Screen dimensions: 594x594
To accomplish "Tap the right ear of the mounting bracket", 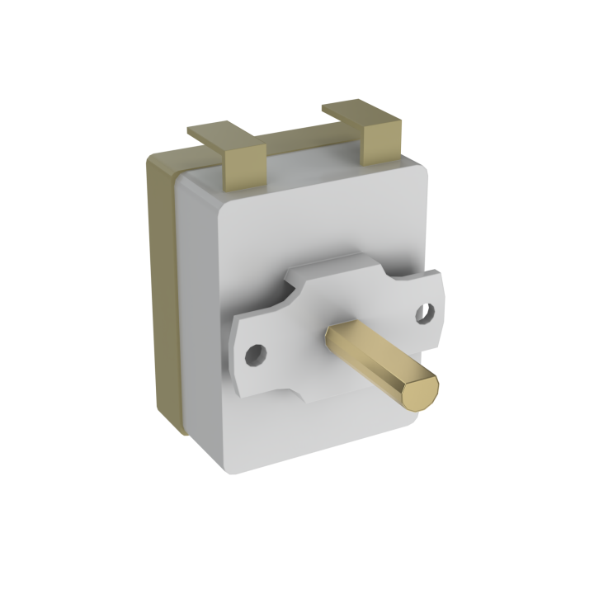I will point(429,309).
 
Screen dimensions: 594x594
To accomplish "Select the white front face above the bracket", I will point(313,223).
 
